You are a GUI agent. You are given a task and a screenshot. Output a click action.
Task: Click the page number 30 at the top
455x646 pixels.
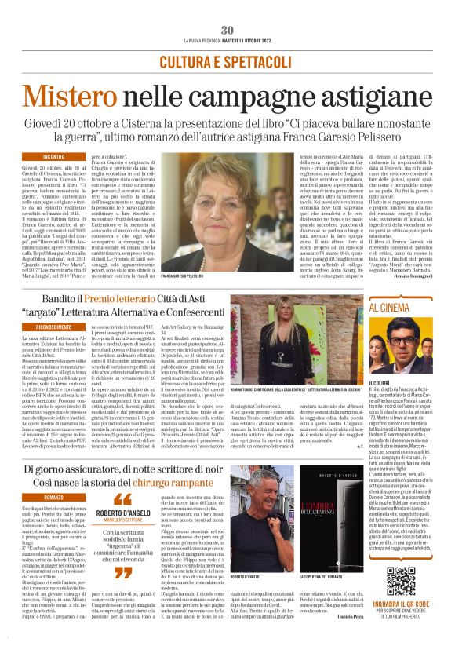[x=227, y=8]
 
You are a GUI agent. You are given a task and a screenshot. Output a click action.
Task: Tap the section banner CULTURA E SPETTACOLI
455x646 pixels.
[x=227, y=61]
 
